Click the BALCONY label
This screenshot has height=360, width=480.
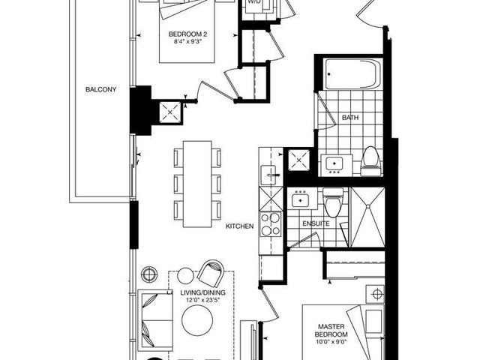[100, 90]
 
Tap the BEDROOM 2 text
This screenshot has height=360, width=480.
[187, 34]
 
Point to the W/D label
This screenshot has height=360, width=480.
[254, 2]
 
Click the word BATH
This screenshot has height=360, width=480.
[350, 118]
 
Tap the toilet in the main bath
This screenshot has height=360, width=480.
[369, 158]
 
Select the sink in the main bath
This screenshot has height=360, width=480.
[334, 162]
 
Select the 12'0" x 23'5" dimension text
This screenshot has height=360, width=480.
[199, 301]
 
